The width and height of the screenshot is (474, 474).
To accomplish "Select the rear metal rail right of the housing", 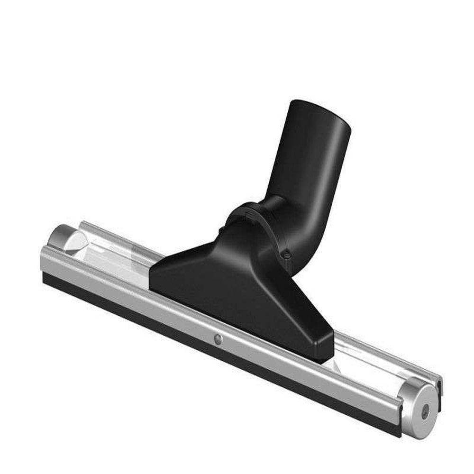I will pos(379,353).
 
